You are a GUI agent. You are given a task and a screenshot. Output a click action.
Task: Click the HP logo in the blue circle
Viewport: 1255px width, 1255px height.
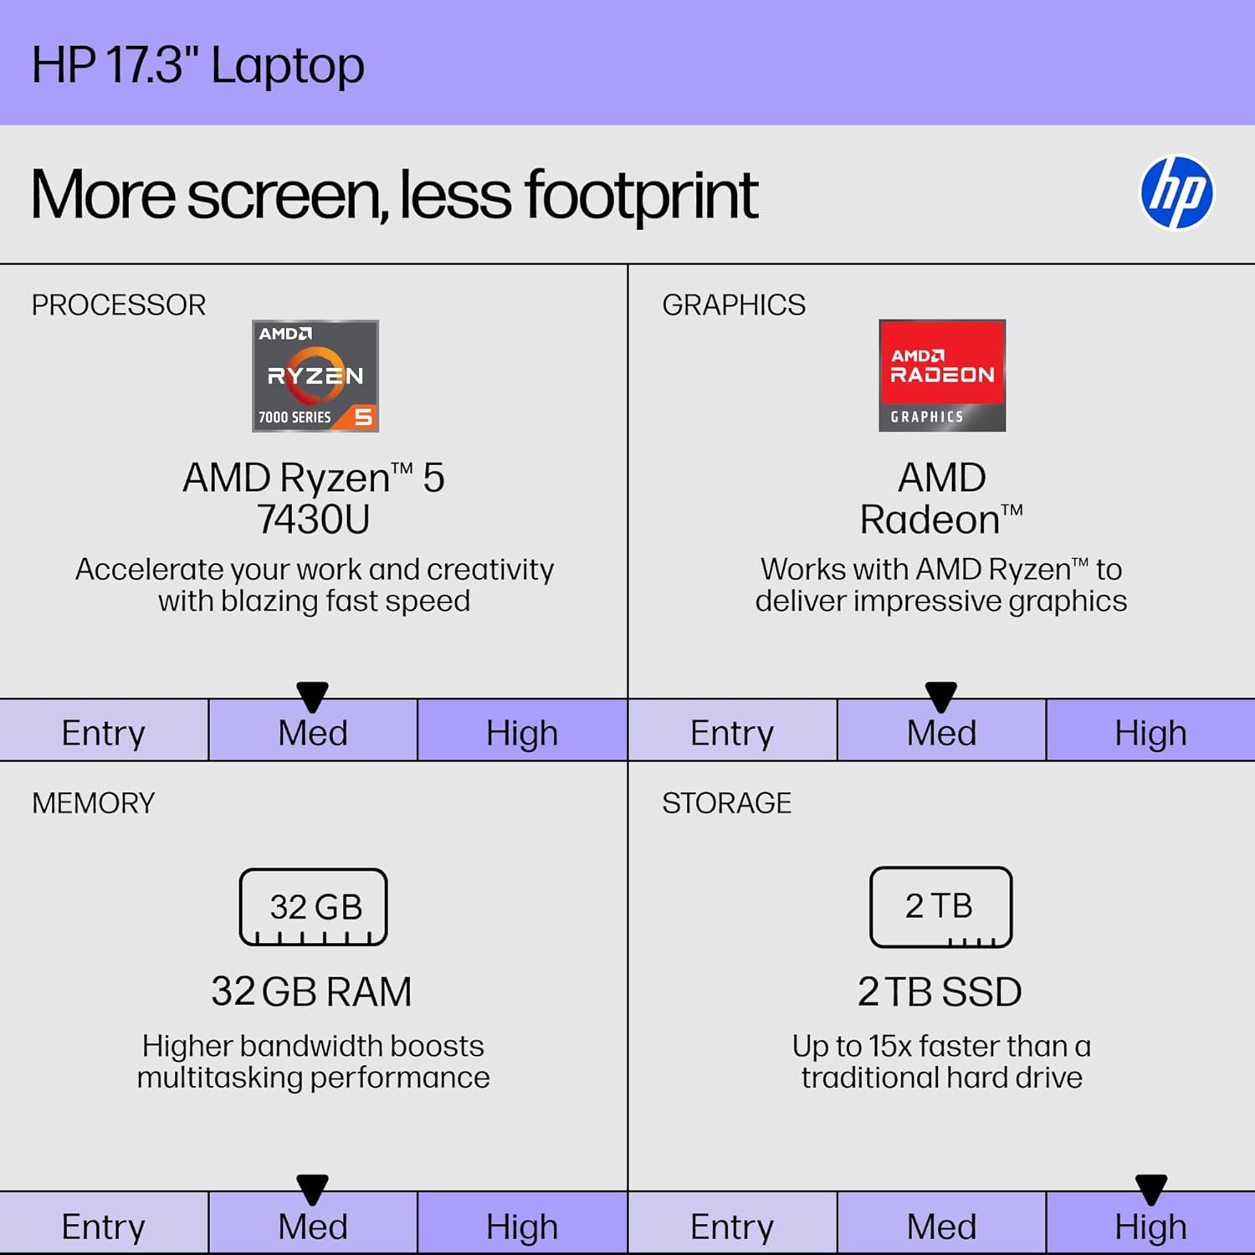click(1176, 192)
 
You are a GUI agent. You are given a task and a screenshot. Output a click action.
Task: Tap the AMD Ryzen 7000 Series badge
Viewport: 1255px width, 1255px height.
click(315, 376)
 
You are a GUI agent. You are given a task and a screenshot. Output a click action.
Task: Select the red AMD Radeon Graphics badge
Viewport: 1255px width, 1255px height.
click(942, 376)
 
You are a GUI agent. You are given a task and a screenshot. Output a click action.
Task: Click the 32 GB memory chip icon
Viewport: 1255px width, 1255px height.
click(314, 907)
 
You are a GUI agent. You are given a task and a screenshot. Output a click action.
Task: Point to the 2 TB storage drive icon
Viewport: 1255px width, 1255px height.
click(940, 907)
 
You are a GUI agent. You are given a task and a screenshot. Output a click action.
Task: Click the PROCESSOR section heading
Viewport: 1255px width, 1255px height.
click(119, 305)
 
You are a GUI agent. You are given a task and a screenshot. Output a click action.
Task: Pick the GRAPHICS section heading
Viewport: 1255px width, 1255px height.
click(734, 305)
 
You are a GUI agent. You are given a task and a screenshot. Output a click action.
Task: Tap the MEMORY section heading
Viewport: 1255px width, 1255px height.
click(94, 803)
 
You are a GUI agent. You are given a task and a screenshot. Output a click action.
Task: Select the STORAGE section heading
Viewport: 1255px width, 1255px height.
click(726, 803)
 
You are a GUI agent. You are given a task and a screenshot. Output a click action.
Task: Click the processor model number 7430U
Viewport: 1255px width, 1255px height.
click(314, 520)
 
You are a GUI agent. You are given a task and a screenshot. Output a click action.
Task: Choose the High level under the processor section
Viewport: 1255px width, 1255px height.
click(522, 733)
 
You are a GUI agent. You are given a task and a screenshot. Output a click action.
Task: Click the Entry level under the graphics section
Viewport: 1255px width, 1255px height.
click(732, 733)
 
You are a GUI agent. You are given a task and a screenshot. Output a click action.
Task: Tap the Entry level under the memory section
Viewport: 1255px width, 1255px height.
click(104, 1227)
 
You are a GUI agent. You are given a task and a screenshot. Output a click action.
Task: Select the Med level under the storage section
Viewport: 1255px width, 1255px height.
click(941, 1227)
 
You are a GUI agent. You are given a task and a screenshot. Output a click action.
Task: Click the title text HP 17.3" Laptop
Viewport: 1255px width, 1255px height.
click(198, 65)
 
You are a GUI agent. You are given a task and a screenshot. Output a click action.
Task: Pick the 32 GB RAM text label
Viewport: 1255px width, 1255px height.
click(311, 992)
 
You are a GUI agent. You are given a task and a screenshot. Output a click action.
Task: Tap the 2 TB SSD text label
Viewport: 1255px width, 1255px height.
click(940, 992)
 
